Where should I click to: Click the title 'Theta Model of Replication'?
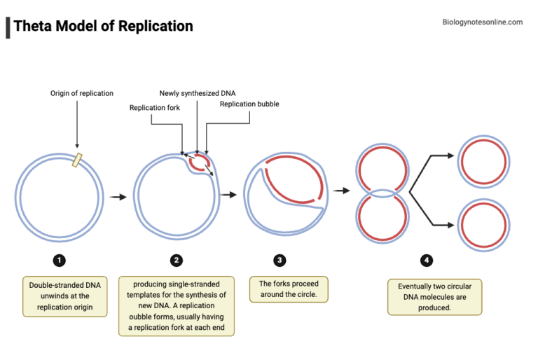click(103, 27)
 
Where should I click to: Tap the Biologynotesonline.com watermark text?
click(483, 22)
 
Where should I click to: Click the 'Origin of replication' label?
click(81, 93)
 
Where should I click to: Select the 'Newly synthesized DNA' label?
click(198, 93)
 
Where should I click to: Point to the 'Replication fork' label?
click(156, 107)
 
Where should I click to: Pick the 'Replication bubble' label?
click(249, 104)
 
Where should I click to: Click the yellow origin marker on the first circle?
click(77, 160)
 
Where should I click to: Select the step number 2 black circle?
click(177, 261)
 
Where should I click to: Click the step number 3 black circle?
click(280, 261)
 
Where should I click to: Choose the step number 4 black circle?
click(426, 261)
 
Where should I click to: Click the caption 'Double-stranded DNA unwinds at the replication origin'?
click(64, 296)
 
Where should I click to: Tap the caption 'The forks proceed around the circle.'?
click(289, 289)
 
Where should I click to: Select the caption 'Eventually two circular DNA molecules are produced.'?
click(434, 297)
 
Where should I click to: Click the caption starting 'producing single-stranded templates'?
click(177, 306)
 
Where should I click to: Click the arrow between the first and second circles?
click(118, 198)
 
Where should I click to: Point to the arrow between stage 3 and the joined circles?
click(341, 190)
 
